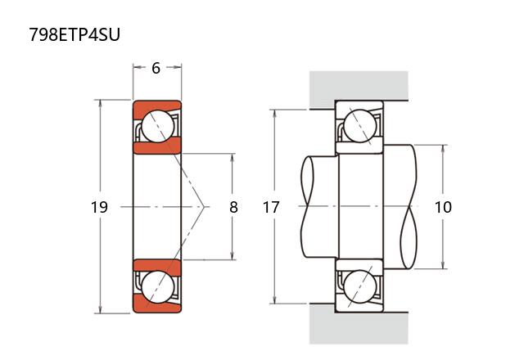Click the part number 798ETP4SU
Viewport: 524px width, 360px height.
click(x=75, y=36)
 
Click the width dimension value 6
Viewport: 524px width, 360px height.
click(x=156, y=69)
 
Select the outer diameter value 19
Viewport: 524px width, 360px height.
click(x=99, y=208)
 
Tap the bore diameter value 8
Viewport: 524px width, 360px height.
click(x=233, y=208)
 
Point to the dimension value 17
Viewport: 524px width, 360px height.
click(x=271, y=208)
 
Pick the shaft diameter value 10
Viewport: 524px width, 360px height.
click(x=443, y=208)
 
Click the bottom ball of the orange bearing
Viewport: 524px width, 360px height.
click(x=156, y=287)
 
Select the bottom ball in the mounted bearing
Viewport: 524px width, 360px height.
click(x=359, y=287)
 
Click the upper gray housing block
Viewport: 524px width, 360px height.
click(x=358, y=86)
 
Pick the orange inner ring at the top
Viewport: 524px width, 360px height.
click(x=156, y=147)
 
